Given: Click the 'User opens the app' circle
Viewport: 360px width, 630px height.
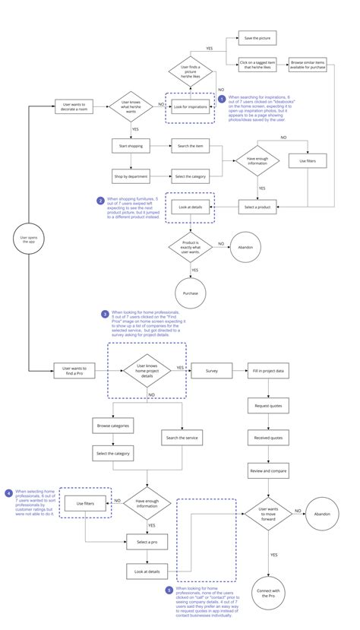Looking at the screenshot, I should click(x=28, y=240).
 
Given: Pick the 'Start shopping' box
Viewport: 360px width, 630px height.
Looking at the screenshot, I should click(x=131, y=145).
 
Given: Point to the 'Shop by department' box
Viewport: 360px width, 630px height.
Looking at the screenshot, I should click(x=131, y=176).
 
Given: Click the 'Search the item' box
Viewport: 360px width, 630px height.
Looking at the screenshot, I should click(x=189, y=145).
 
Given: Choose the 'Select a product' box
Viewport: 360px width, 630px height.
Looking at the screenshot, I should click(x=257, y=207).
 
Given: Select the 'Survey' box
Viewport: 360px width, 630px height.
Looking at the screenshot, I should click(x=210, y=371).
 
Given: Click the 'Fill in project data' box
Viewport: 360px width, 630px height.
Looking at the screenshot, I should click(x=268, y=371).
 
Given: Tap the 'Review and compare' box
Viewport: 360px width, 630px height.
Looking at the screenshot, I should click(x=268, y=471).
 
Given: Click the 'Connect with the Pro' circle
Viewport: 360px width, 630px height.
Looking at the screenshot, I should click(x=268, y=593).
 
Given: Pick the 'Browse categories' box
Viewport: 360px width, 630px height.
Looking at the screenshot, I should click(x=112, y=426).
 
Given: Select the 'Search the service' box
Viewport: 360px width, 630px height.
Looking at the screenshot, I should click(x=181, y=438).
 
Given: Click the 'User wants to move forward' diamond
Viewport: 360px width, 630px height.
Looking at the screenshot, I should click(x=268, y=514).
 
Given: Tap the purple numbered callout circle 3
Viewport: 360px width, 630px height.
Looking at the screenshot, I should click(x=105, y=313).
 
